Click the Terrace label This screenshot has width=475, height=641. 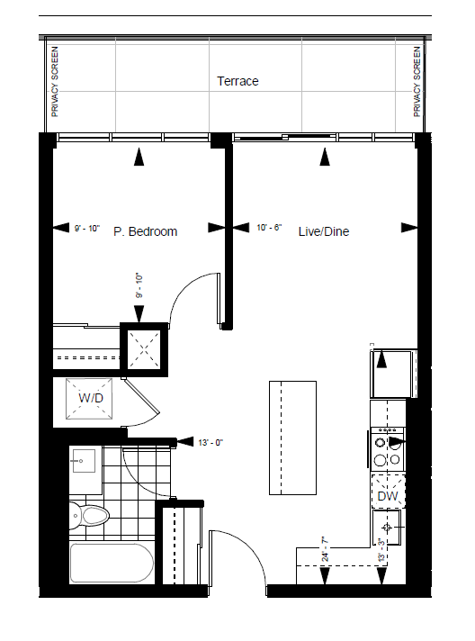pyautogui.click(x=237, y=81)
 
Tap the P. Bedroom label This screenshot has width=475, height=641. pyautogui.click(x=146, y=231)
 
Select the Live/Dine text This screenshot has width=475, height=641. pyautogui.click(x=324, y=231)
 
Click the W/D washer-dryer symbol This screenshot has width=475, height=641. pyautogui.click(x=89, y=399)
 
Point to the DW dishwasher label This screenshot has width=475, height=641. pyautogui.click(x=388, y=496)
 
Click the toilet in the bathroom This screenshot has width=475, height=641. pyautogui.click(x=89, y=516)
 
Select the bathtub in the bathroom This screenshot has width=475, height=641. pyautogui.click(x=112, y=563)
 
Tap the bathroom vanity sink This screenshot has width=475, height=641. pyautogui.click(x=84, y=461)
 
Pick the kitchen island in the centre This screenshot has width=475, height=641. pyautogui.click(x=293, y=438)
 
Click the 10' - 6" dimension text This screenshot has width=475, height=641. pyautogui.click(x=269, y=227)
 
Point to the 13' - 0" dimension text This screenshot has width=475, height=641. pyautogui.click(x=211, y=443)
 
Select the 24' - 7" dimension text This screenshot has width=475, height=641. pyautogui.click(x=325, y=550)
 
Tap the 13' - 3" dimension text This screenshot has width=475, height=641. pyautogui.click(x=381, y=550)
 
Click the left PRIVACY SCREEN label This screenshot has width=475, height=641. pyautogui.click(x=55, y=82)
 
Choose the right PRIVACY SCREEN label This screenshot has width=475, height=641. pyautogui.click(x=417, y=82)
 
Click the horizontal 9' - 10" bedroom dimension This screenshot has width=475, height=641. pyautogui.click(x=87, y=228)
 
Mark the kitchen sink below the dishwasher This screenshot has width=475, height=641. pyautogui.click(x=387, y=528)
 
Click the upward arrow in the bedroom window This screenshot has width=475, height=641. pyautogui.click(x=139, y=157)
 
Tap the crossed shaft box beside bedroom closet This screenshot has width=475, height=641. pyautogui.click(x=144, y=349)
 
